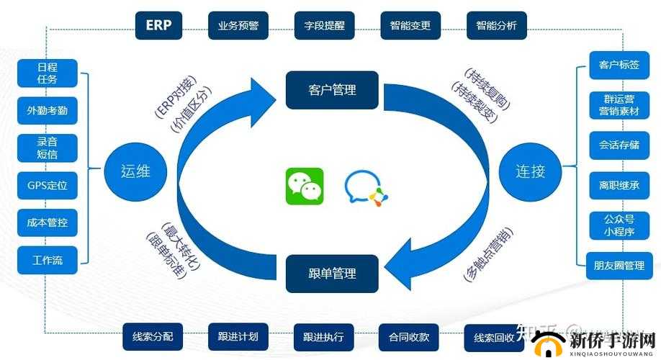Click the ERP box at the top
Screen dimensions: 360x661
click(x=158, y=25)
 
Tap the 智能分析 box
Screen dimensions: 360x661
click(x=496, y=25)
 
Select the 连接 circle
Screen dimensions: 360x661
click(x=530, y=171)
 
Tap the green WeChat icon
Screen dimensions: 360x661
click(x=305, y=186)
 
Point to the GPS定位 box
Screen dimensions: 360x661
click(x=48, y=186)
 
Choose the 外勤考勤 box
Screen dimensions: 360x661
click(x=48, y=111)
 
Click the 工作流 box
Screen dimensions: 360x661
click(x=48, y=260)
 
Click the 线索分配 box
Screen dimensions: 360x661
click(x=153, y=336)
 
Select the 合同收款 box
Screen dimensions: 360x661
click(x=409, y=336)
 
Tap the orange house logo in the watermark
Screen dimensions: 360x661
click(x=555, y=341)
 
